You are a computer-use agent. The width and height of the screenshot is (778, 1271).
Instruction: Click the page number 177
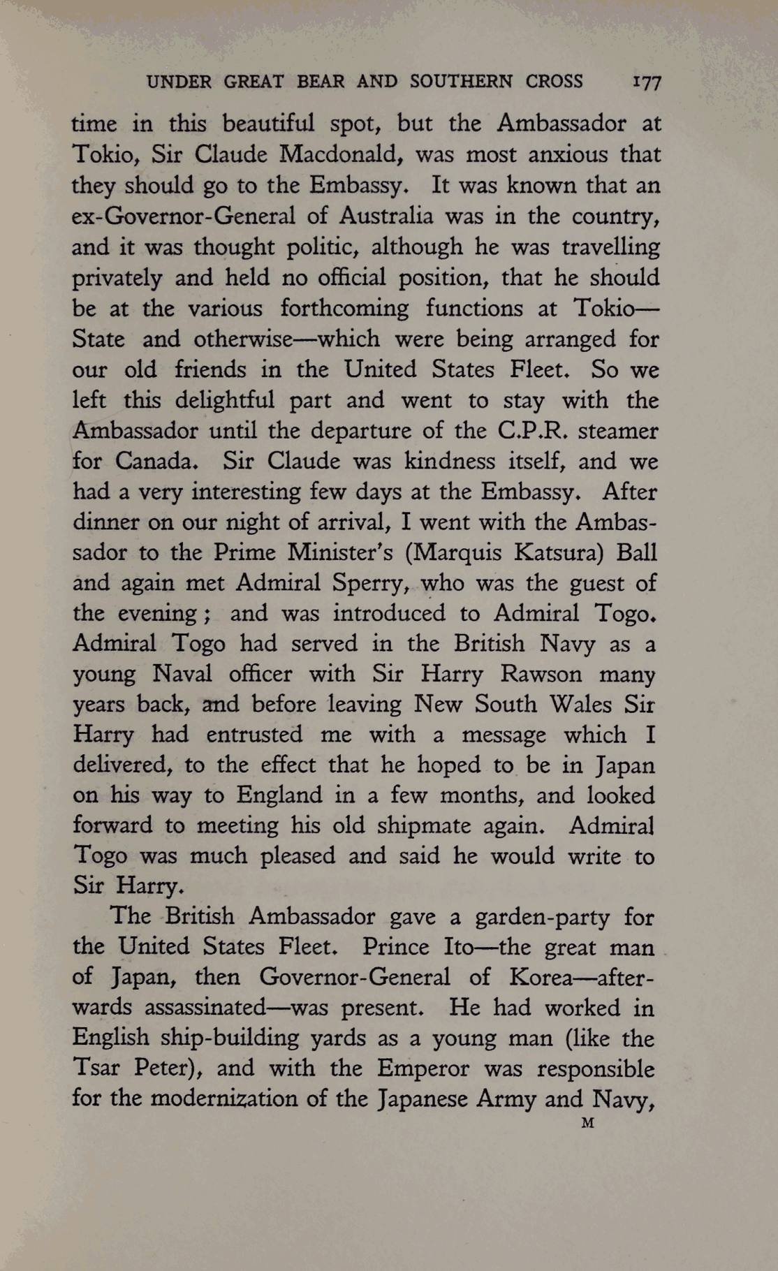coord(646,82)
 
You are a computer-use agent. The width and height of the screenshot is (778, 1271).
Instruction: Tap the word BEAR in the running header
coord(321,82)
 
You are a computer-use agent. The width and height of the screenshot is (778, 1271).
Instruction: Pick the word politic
coord(327,247)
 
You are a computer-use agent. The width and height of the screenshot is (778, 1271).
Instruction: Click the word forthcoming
coord(344,308)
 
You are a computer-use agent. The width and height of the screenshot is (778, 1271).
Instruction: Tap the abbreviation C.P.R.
coord(529,430)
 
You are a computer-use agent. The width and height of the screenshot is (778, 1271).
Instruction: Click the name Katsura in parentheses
coord(558,552)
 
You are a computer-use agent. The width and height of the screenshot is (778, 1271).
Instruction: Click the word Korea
coord(542,976)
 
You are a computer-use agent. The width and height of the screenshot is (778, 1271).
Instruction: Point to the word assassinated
coord(205,1008)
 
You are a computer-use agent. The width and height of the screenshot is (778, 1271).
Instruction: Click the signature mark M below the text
coord(587,1124)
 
